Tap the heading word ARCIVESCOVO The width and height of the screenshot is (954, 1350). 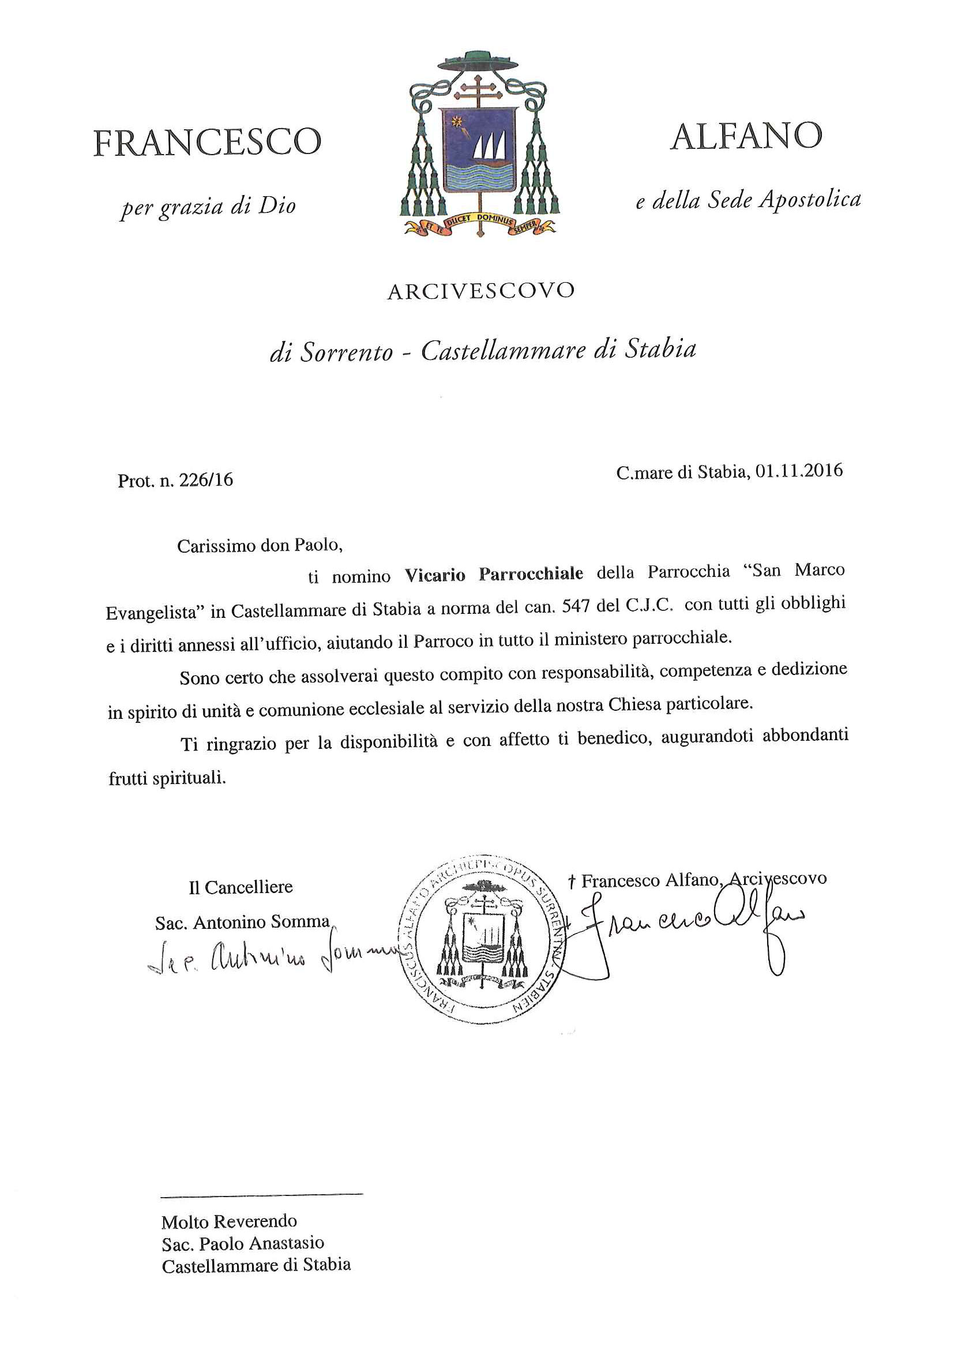coord(480,291)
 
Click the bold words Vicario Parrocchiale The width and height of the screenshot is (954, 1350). coord(494,573)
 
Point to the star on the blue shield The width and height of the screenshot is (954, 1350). coord(455,123)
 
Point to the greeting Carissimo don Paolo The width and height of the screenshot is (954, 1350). coord(259,546)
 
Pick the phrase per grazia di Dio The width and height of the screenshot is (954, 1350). coord(208,208)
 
